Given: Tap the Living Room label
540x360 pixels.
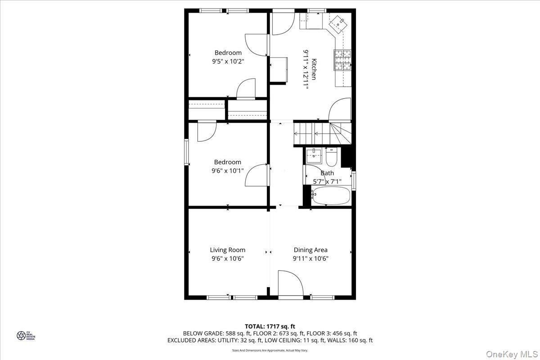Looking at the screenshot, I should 228,250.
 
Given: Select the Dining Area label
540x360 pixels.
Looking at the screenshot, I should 310,250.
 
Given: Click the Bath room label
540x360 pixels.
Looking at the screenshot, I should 327,173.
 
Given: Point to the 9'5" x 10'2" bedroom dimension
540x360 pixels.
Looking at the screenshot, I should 228,62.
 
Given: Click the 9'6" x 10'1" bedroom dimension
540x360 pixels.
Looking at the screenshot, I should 228,171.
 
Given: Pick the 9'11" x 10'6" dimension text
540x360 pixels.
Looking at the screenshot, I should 310,259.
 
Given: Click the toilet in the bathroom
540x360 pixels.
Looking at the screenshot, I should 332,157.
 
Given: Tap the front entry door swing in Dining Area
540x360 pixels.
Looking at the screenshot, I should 289,283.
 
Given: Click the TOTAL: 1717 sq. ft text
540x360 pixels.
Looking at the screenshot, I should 270,326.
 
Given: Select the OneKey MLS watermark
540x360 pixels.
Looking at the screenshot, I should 512,355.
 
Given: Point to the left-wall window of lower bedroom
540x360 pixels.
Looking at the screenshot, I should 186,153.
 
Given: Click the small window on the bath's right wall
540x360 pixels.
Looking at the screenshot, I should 354,181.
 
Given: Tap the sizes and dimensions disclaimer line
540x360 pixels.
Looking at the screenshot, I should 270,350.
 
